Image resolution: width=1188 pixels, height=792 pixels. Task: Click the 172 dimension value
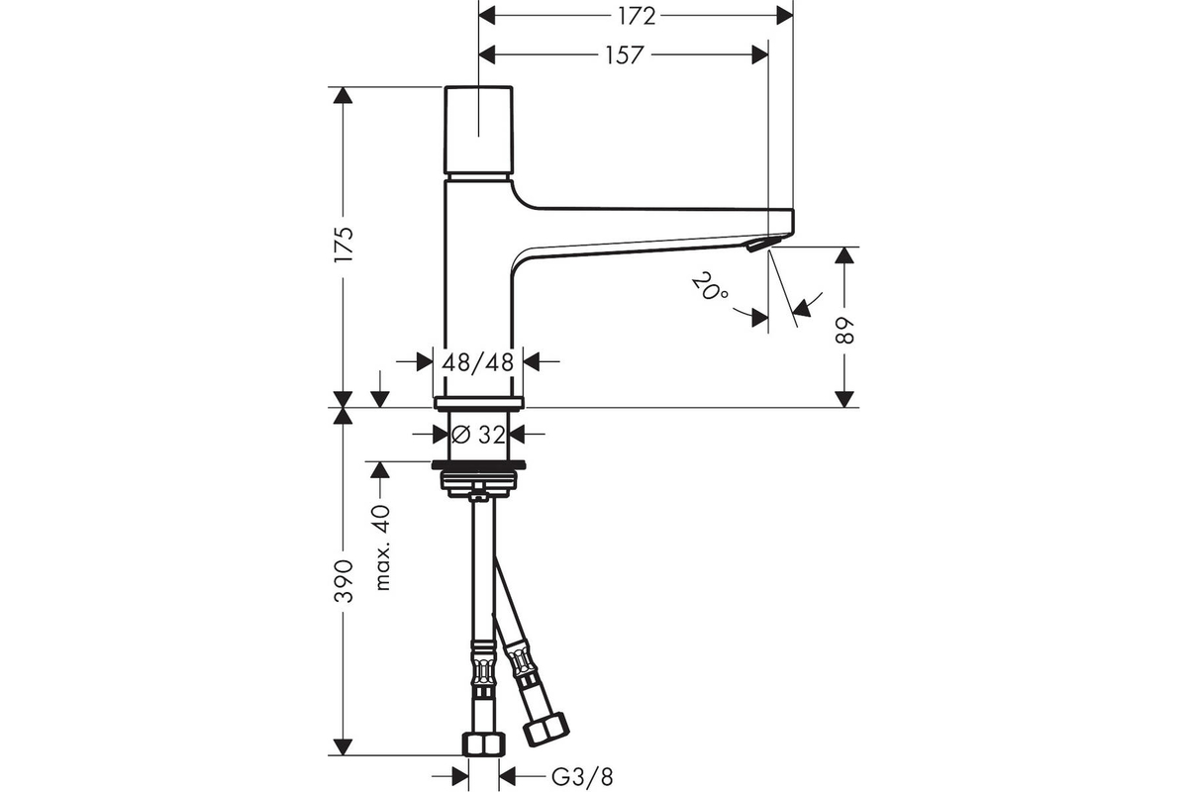click(x=637, y=17)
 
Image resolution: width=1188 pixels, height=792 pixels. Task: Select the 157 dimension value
click(x=626, y=55)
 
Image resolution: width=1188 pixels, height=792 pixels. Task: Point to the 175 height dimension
click(x=344, y=244)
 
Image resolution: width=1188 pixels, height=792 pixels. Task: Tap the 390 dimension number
click(x=344, y=581)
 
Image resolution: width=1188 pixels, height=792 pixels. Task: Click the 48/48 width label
click(x=478, y=362)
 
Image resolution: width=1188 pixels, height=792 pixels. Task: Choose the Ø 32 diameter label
click(x=478, y=435)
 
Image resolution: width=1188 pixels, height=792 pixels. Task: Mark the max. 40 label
click(x=382, y=547)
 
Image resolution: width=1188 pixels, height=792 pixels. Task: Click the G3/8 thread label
click(x=582, y=777)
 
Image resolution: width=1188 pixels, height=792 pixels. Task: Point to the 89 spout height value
click(x=843, y=331)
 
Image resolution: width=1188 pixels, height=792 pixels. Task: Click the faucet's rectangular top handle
click(x=478, y=130)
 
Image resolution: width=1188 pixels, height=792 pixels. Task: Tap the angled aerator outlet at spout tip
click(x=755, y=245)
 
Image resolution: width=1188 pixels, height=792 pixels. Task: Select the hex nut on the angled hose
click(x=546, y=730)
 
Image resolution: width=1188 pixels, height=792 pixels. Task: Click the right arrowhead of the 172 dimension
click(x=784, y=17)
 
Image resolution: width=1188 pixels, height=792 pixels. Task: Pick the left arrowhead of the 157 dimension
click(x=487, y=55)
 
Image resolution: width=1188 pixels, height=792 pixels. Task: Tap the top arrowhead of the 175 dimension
click(x=344, y=95)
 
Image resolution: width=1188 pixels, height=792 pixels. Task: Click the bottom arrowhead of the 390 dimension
click(x=344, y=746)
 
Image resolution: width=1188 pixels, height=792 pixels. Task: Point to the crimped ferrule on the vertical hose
click(x=483, y=669)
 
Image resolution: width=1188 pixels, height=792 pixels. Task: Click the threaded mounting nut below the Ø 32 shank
click(x=478, y=479)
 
